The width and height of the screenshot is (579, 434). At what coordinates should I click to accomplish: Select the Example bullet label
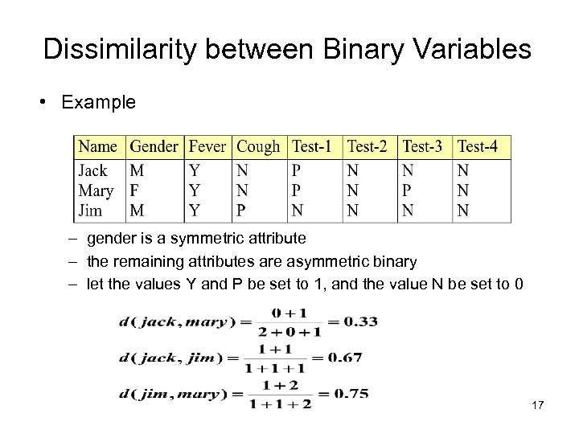pyautogui.click(x=98, y=103)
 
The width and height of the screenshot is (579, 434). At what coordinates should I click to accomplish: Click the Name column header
pyautogui.click(x=99, y=147)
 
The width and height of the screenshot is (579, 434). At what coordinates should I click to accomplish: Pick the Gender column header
pyautogui.click(x=154, y=147)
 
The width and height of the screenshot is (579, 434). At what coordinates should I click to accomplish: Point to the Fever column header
pyautogui.click(x=207, y=147)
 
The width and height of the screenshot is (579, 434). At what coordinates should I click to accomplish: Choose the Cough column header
pyautogui.click(x=259, y=147)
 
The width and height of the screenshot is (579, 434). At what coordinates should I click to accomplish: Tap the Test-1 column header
pyautogui.click(x=312, y=147)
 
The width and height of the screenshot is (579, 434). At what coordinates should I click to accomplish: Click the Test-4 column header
pyautogui.click(x=478, y=147)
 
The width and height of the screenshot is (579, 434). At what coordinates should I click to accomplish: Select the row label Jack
pyautogui.click(x=93, y=170)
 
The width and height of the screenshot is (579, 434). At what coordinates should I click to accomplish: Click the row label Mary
pyautogui.click(x=96, y=190)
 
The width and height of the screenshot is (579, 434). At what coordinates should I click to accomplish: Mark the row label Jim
pyautogui.click(x=91, y=211)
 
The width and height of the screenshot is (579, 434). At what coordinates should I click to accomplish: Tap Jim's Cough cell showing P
pyautogui.click(x=242, y=211)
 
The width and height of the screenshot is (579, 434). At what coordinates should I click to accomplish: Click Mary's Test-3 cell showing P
pyautogui.click(x=407, y=190)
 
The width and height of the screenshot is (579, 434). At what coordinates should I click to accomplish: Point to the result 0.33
pyautogui.click(x=361, y=321)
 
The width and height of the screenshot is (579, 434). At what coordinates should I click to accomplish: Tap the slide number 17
pyautogui.click(x=538, y=406)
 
